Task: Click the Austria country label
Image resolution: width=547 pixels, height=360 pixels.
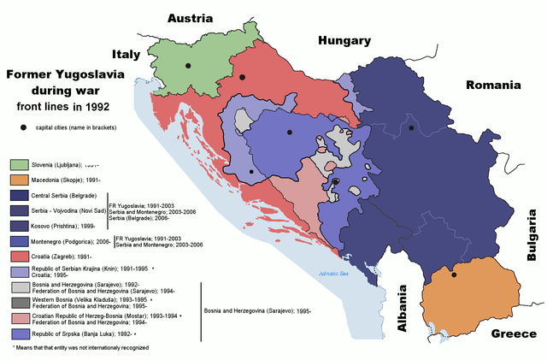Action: [196, 18]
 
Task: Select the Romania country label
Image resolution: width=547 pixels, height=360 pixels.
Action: [492, 85]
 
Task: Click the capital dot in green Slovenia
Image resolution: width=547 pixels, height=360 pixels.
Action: [189, 65]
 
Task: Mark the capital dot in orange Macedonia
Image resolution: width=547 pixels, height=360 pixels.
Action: [454, 274]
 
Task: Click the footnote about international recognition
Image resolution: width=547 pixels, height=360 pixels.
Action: [81, 348]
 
